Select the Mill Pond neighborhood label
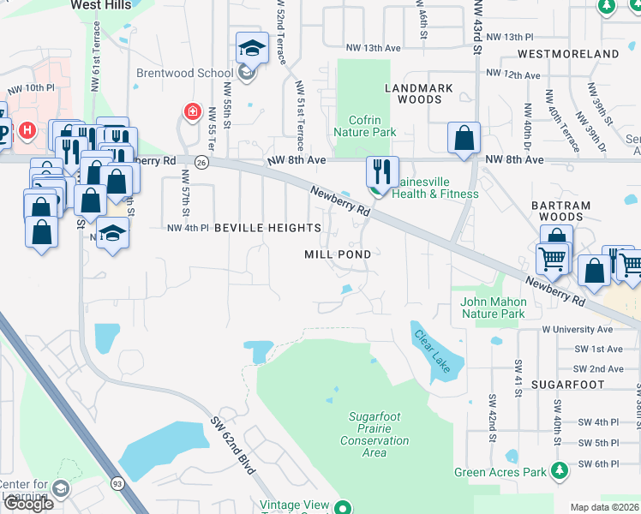(x=338, y=254)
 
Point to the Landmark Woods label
(x=413, y=93)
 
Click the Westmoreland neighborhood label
(x=568, y=54)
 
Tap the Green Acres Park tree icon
(x=560, y=470)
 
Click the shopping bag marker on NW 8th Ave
(x=464, y=138)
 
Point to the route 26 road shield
(x=201, y=161)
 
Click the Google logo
(x=27, y=504)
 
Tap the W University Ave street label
(x=577, y=329)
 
